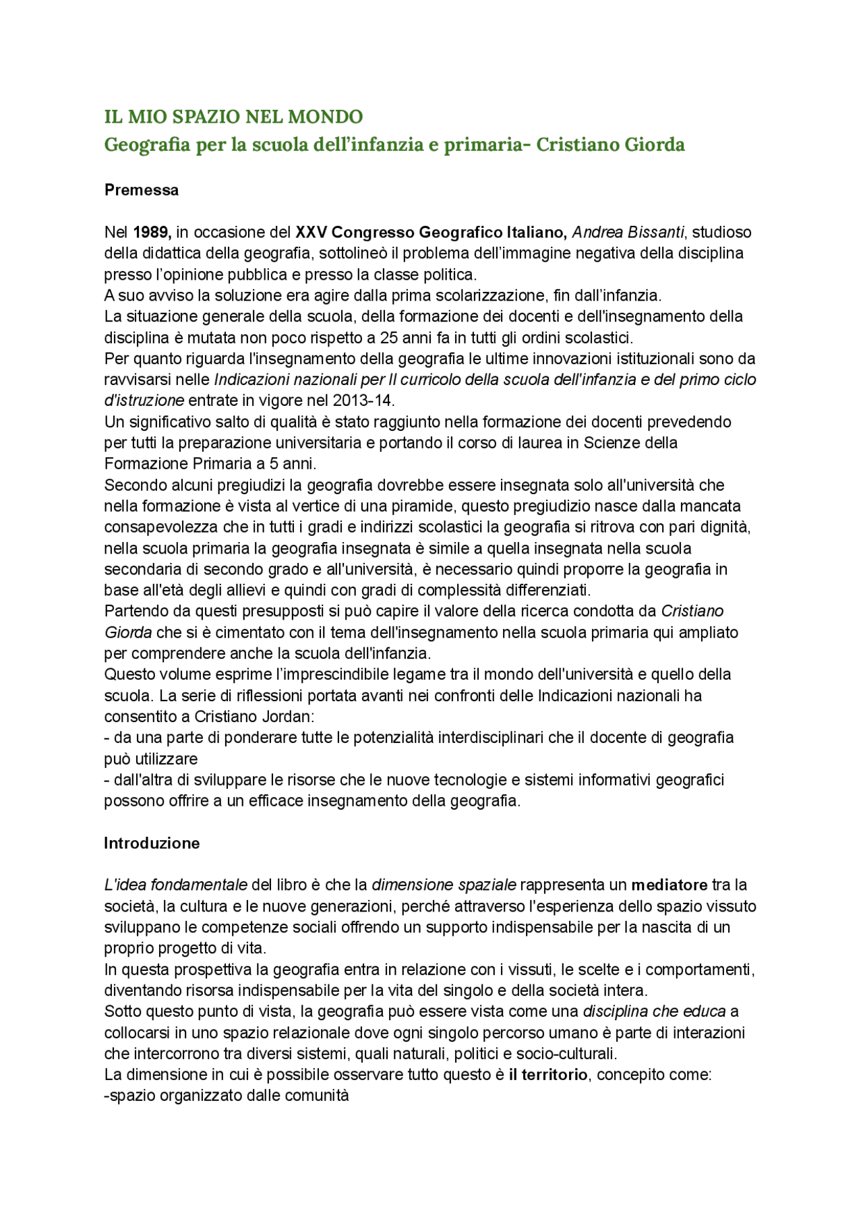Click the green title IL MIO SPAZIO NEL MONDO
click(233, 117)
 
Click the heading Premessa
click(141, 190)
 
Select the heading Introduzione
click(151, 843)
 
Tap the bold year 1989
click(152, 233)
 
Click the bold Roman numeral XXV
click(311, 233)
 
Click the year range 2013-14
click(363, 400)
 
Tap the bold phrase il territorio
click(547, 1075)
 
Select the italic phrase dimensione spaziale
click(444, 885)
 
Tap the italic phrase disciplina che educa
click(653, 1011)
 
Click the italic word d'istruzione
click(144, 400)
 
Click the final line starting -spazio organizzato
click(227, 1096)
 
